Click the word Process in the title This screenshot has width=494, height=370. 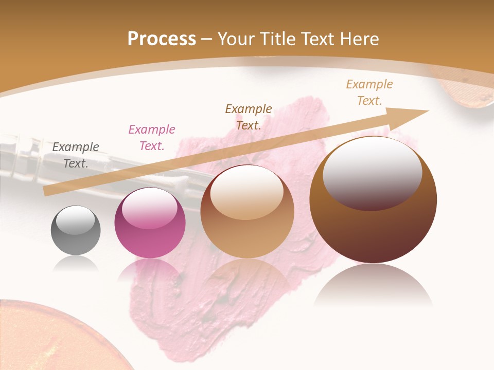click(x=162, y=39)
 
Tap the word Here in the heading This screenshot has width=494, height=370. click(x=359, y=39)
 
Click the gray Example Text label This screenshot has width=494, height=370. click(x=76, y=155)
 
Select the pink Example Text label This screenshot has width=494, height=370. click(x=152, y=138)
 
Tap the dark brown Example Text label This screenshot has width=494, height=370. click(x=249, y=117)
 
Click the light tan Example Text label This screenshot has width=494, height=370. click(x=369, y=92)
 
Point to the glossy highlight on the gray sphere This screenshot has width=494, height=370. click(x=76, y=220)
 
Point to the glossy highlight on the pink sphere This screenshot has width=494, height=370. click(x=150, y=209)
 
